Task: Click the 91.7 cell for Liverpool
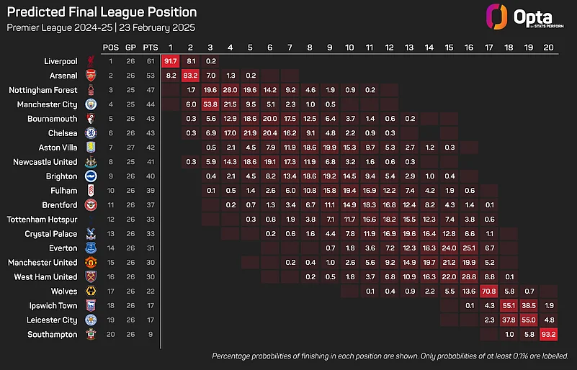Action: pos(171,61)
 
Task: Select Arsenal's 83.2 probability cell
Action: pos(191,76)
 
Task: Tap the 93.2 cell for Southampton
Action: pos(548,334)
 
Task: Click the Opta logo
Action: pos(516,17)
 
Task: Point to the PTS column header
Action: pos(150,47)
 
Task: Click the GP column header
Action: pos(130,47)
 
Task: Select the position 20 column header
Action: pos(548,47)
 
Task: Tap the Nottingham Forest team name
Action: pos(43,90)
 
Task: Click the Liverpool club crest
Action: pos(90,61)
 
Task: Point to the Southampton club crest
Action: pos(90,334)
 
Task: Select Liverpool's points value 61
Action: pos(150,61)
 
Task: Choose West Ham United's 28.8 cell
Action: pos(468,276)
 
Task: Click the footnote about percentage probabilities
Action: pos(390,356)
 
